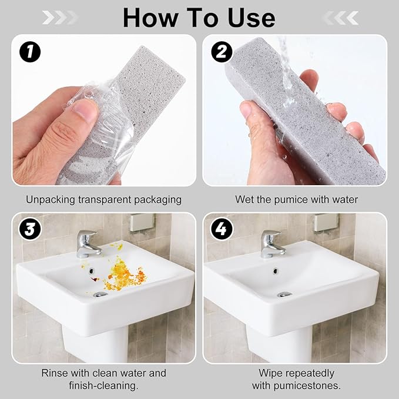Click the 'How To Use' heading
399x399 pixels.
click(199, 18)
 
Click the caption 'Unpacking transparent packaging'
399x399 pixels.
click(103, 199)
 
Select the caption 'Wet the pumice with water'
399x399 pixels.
click(296, 199)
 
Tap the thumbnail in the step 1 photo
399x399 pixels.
click(85, 112)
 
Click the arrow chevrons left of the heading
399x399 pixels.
click(59, 18)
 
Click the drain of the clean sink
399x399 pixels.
click(284, 294)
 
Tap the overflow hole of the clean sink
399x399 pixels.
click(276, 271)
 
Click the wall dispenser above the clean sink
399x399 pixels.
click(326, 222)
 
